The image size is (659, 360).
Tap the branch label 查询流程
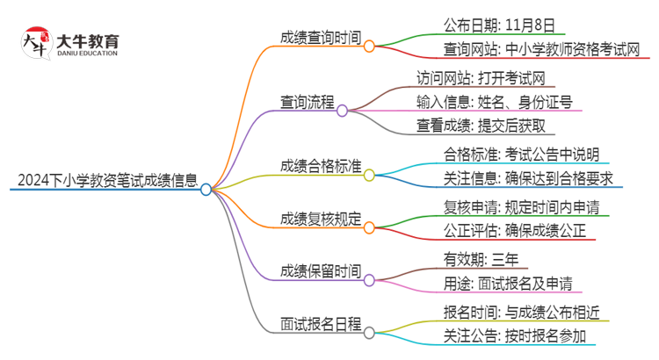pos(307,102)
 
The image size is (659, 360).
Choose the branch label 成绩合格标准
pos(319,167)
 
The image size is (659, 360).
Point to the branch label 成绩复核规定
pos(319,219)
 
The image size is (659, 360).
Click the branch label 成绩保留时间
pos(319,270)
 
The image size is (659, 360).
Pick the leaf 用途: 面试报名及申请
pos(509,283)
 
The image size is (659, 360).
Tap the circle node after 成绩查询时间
pos(369,46)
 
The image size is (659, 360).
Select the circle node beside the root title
pos(206,189)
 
